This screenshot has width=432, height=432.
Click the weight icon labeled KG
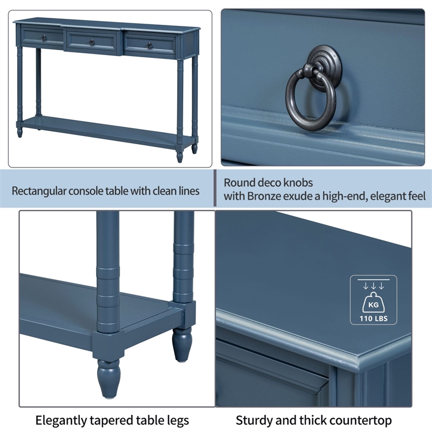point(373,304)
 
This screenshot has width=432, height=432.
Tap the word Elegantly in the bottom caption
point(58,420)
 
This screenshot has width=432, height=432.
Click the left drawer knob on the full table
point(43,37)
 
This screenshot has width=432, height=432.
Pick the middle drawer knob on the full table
point(92,42)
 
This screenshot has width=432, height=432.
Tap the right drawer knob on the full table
point(149,45)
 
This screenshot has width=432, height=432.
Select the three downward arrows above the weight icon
point(373,286)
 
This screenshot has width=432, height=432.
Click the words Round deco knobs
point(268,183)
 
